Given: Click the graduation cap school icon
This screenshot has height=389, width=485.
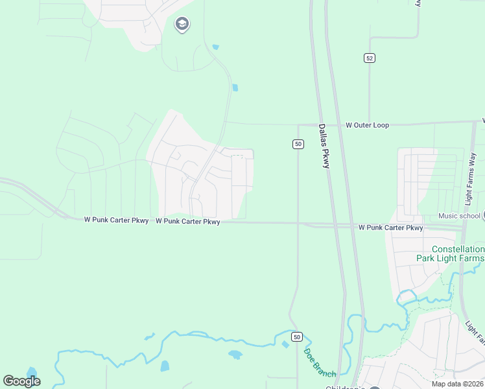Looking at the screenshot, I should pos(182,25).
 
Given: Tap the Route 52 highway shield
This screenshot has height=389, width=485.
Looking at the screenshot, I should pos(369,58).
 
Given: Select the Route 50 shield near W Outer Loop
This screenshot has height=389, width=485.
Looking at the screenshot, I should pos(298,144).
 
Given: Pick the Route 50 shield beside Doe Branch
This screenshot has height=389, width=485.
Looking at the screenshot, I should pos(296,336).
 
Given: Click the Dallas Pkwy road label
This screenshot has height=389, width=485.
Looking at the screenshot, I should pos(324,147).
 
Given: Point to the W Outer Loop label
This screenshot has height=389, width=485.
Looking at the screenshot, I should pos(367,124).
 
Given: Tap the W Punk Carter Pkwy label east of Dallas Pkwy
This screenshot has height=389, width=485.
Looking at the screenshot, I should pos(390,228).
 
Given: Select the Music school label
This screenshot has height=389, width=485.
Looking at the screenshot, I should pos(459,216).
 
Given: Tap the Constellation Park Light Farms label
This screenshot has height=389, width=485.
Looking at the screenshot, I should pos(449,253).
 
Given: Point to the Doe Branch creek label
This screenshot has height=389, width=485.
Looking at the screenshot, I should pos(320,363).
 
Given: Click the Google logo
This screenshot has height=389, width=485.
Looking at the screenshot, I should pos(22,381).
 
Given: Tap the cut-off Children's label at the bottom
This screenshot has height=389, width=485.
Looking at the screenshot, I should pos(346,387).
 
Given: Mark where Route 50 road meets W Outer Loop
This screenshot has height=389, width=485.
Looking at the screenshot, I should pos(298,124).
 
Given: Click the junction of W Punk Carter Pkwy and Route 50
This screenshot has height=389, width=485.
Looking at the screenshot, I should pos(298,224).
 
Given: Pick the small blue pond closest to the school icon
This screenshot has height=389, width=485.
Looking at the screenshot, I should pos(215,47).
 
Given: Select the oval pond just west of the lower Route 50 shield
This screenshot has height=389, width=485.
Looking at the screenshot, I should pos(235,355).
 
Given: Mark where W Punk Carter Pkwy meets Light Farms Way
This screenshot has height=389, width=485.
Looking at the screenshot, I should pos(462,228).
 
